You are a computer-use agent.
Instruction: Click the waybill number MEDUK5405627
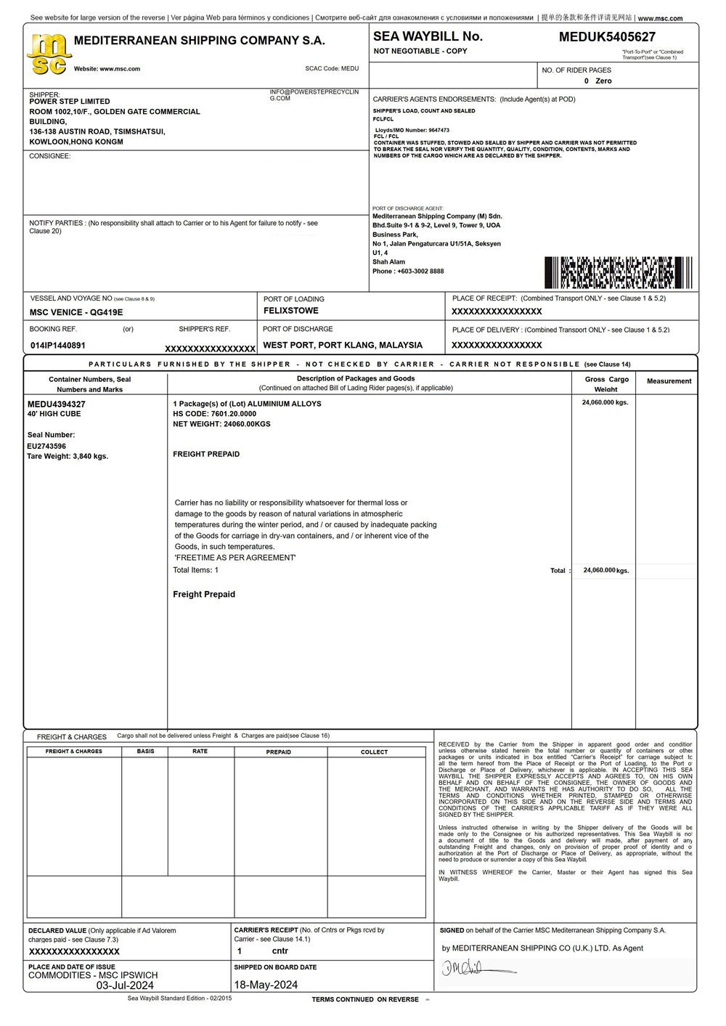(607, 37)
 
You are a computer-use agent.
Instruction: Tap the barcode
(618, 272)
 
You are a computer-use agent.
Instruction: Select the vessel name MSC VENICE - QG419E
(76, 312)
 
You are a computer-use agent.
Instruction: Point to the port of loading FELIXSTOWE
(290, 311)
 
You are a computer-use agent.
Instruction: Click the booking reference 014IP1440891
(58, 346)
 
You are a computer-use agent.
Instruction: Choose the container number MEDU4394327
(57, 404)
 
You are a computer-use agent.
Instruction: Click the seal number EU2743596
(46, 446)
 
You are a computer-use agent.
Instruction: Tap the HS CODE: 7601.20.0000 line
(214, 414)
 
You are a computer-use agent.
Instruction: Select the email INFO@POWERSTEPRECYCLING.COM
(314, 95)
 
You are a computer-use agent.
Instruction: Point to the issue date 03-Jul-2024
(125, 985)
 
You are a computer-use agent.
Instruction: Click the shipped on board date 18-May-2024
(266, 985)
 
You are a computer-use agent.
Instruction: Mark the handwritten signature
(476, 968)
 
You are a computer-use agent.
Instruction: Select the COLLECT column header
(375, 752)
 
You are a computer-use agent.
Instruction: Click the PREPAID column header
(278, 752)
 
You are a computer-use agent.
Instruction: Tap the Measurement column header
(669, 381)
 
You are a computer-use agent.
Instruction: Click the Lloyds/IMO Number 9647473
(412, 130)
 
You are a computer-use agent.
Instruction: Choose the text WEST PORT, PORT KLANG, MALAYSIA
(342, 346)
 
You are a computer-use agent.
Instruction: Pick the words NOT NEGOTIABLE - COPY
(420, 52)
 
